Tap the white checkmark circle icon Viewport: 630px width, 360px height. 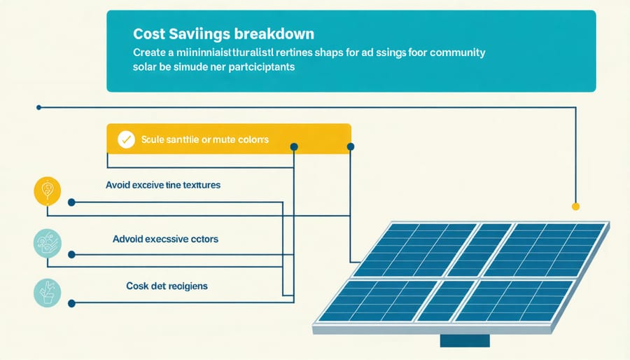pyautogui.click(x=126, y=139)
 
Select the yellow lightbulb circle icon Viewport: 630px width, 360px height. pyautogui.click(x=47, y=191)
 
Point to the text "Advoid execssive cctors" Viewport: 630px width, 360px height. pyautogui.click(x=165, y=239)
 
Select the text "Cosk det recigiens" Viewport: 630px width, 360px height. pyautogui.click(x=167, y=286)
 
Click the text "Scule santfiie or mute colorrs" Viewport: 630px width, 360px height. pyautogui.click(x=204, y=139)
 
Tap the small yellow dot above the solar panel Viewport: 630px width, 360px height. pyautogui.click(x=575, y=206)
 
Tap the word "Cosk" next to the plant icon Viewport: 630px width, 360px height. pyautogui.click(x=139, y=286)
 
